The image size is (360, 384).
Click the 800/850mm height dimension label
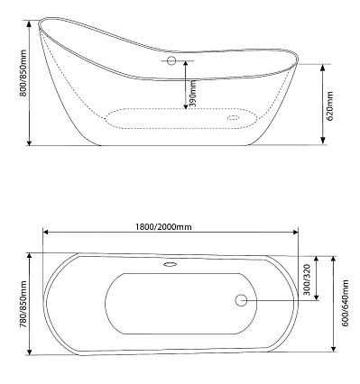point(23,73)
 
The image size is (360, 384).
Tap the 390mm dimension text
point(193,94)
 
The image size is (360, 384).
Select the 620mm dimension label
point(330,106)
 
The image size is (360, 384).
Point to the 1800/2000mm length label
point(163,227)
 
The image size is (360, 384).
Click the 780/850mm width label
point(23,304)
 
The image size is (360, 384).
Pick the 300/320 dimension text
point(307,279)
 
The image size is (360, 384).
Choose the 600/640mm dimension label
point(346,303)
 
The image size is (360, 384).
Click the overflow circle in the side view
point(171,60)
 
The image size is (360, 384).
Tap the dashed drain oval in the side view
point(233,117)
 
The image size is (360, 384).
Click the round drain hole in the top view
point(241,300)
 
